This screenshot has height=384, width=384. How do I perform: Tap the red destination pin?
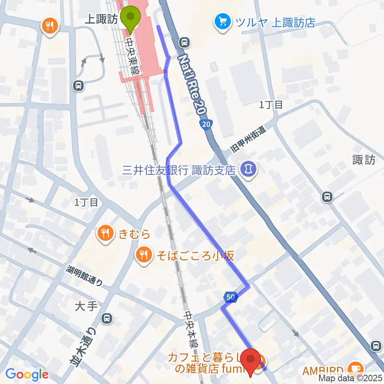point(251,361)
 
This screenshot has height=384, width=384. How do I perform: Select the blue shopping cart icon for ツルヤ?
point(223,21)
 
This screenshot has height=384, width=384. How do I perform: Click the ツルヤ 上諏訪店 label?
point(275,22)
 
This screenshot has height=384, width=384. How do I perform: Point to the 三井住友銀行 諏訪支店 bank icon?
point(248,170)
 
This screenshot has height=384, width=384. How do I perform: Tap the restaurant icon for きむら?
point(106,233)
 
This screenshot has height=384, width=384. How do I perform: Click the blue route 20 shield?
point(206,125)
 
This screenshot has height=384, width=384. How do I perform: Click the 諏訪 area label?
point(364,160)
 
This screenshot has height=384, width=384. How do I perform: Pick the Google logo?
point(27,374)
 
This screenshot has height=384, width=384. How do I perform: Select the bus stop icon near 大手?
point(107,319)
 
